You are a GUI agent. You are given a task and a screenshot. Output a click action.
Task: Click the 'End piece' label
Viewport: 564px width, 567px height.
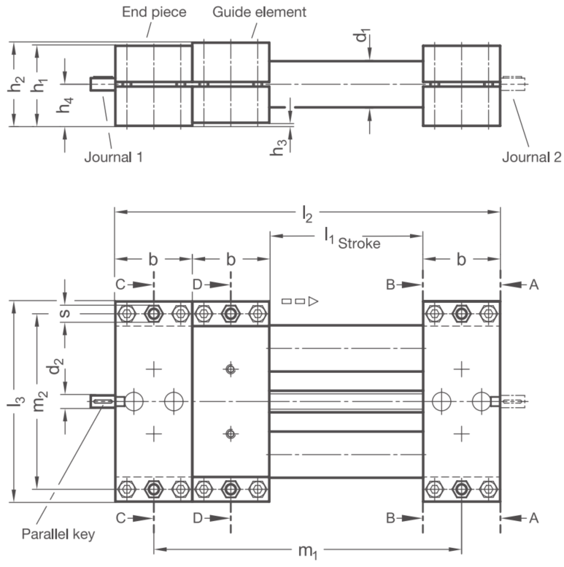click(154, 12)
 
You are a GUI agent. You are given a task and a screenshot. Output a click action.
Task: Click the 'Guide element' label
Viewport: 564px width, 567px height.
click(259, 12)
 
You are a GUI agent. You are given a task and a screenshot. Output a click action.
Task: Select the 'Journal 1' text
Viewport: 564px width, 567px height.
click(114, 158)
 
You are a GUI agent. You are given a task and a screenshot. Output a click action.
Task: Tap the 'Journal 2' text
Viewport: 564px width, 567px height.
click(532, 158)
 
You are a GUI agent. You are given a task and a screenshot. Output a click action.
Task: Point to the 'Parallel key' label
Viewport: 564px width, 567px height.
click(58, 534)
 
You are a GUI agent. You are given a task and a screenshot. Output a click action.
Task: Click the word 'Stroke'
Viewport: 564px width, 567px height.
click(359, 244)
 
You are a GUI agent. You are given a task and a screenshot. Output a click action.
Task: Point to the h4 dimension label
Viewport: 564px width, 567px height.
click(65, 105)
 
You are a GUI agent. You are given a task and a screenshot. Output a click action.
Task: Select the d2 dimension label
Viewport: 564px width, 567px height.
click(56, 366)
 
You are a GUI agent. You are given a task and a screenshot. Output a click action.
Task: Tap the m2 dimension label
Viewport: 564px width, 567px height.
click(41, 401)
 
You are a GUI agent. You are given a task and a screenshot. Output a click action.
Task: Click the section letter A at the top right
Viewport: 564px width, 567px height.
click(533, 285)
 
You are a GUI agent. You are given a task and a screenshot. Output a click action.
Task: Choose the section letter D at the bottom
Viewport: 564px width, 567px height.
click(198, 518)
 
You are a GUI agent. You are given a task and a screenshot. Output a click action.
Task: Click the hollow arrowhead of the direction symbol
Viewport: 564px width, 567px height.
click(313, 301)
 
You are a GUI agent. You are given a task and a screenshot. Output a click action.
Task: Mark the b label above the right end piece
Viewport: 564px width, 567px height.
click(461, 259)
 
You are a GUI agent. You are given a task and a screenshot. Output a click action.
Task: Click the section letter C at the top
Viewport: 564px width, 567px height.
click(120, 285)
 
